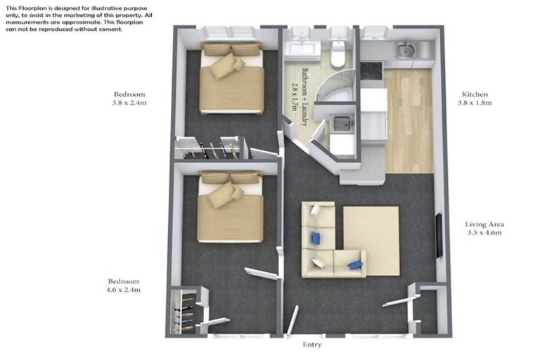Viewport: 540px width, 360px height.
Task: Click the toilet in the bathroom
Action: point(338,53)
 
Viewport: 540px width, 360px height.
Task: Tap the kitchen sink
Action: point(405,50)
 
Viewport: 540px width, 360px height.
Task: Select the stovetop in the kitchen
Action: point(371,70)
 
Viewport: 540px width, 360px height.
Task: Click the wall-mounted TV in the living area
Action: point(439,235)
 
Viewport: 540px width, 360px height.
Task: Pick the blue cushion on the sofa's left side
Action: point(316,238)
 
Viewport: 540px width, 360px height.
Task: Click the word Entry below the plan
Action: point(311,345)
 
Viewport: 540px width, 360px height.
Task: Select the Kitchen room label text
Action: point(475,94)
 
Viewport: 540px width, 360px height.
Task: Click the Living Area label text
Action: point(484,224)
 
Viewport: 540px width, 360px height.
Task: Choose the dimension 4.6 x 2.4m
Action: point(124,289)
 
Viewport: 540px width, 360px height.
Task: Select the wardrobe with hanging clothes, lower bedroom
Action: point(184,310)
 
